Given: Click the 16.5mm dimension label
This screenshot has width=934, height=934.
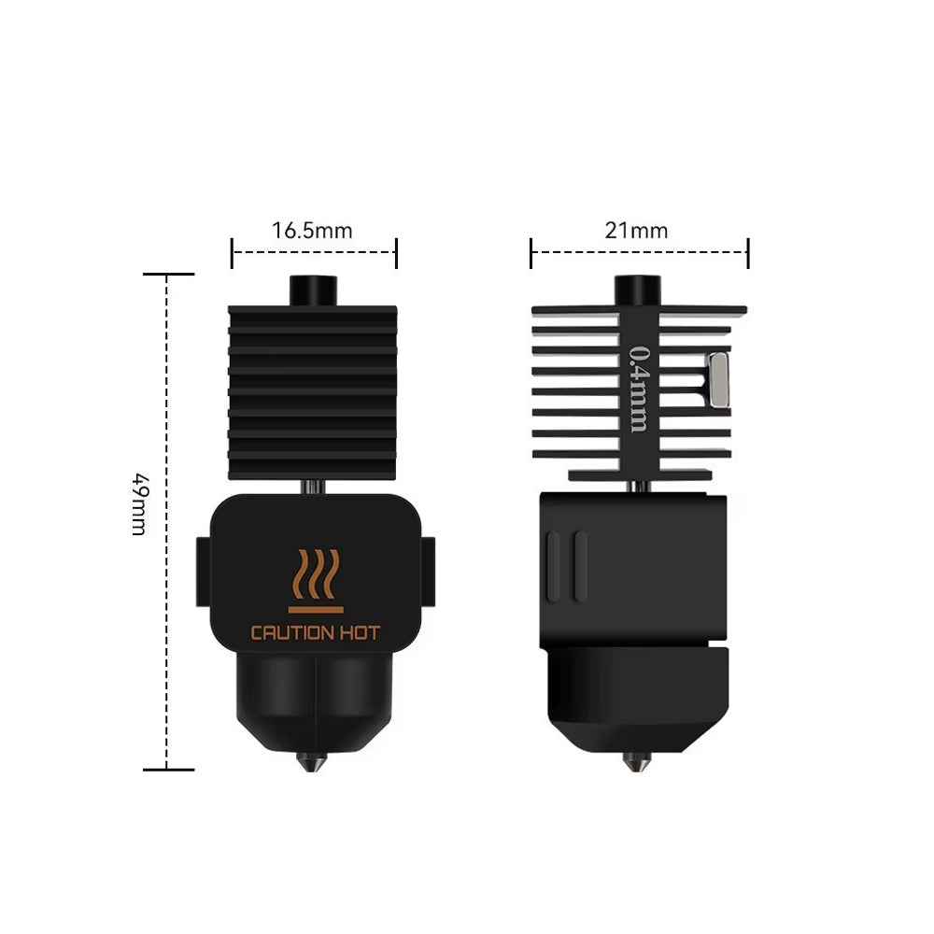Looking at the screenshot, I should point(312,230).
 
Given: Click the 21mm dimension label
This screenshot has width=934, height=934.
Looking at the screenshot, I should point(636,230).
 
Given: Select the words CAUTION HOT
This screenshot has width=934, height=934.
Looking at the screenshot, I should point(315,633).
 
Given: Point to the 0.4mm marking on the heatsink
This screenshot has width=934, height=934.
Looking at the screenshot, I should point(639,388).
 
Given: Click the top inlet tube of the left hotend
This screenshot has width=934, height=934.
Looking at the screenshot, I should point(313,290).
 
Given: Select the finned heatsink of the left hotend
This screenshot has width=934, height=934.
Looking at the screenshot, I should point(313,392).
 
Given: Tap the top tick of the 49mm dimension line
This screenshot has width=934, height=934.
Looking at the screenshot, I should point(168,275).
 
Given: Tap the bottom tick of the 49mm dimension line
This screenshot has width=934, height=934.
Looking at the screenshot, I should point(168,770).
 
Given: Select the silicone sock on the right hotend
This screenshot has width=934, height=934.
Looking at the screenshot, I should point(635,691).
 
